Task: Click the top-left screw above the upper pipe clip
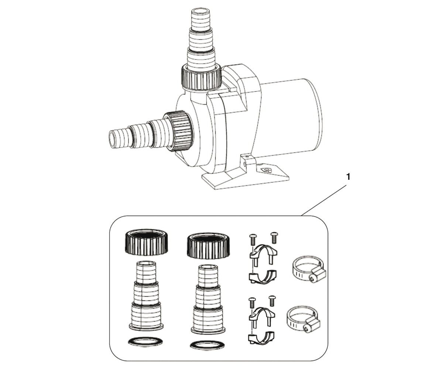[253, 239]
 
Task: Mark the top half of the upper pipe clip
[263, 253]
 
